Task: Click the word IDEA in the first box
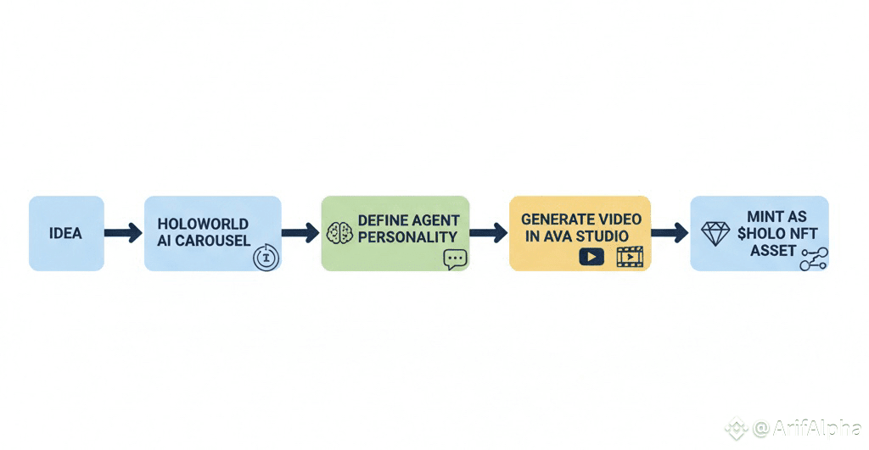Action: click(x=66, y=233)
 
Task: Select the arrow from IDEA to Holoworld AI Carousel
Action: click(x=124, y=233)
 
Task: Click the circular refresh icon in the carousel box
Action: click(x=266, y=258)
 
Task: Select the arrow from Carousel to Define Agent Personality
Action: click(x=300, y=233)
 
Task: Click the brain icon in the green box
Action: click(x=339, y=233)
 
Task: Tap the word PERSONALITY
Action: click(x=407, y=237)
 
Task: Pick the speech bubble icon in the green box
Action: click(x=455, y=259)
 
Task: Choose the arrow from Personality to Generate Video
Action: click(x=488, y=233)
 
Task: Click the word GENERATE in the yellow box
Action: click(x=551, y=219)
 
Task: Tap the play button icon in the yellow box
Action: click(x=591, y=256)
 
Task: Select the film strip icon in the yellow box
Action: click(x=630, y=256)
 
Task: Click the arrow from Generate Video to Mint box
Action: click(x=670, y=233)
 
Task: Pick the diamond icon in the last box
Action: click(x=715, y=234)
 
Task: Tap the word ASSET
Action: click(x=772, y=250)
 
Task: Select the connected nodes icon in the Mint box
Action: click(x=813, y=259)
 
